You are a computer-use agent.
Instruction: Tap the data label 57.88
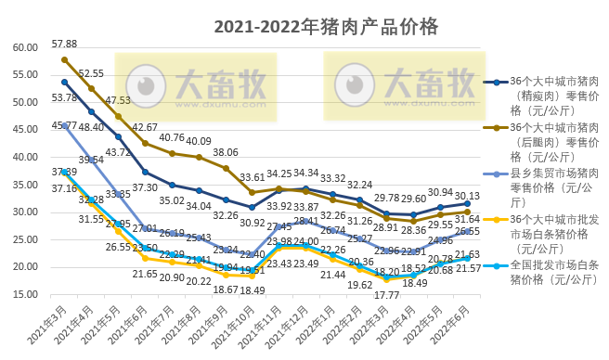64,44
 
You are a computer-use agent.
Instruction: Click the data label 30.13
467,195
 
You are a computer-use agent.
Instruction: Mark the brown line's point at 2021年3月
64,59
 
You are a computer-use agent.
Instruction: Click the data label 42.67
145,127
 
